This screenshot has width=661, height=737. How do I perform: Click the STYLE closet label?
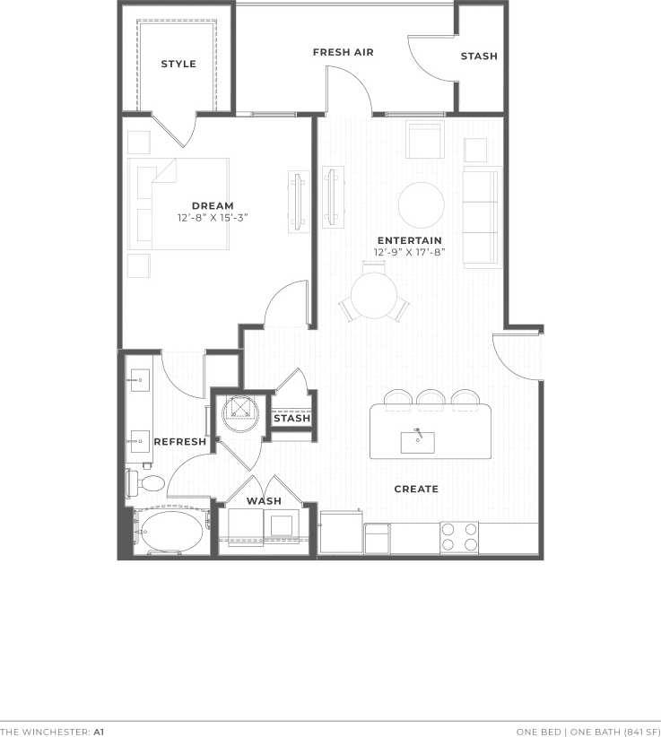(178, 64)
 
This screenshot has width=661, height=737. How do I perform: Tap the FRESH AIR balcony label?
(343, 52)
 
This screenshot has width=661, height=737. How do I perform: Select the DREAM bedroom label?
(213, 206)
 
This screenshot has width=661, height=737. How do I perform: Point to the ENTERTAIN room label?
(409, 240)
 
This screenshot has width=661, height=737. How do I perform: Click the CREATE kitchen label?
(416, 489)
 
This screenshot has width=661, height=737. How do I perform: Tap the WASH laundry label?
(264, 501)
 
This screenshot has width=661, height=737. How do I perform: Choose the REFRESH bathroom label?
(180, 442)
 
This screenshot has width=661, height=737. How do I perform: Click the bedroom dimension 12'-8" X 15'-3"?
(213, 217)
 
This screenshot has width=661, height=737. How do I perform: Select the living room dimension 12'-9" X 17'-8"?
(409, 252)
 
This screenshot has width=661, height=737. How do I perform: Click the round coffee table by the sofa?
(421, 205)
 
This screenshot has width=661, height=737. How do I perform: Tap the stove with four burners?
(458, 537)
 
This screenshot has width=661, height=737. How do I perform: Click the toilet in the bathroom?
(149, 484)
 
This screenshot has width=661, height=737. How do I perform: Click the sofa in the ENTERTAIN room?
(481, 217)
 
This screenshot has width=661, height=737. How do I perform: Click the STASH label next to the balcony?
(479, 56)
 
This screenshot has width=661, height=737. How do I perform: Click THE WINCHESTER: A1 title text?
(52, 732)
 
